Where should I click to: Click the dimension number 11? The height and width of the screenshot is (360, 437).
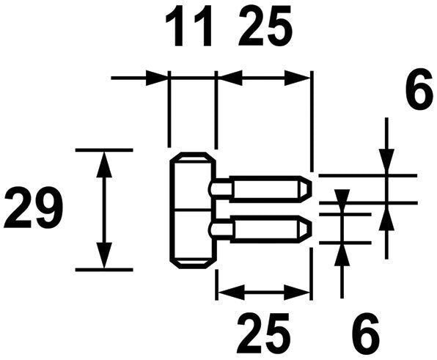pos(188,26)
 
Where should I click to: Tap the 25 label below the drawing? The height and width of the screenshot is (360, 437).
pos(264,333)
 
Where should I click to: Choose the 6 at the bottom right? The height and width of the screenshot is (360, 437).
pos(366,333)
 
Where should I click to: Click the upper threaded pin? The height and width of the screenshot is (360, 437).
pos(260,188)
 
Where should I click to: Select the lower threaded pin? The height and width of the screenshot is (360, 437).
pos(260,229)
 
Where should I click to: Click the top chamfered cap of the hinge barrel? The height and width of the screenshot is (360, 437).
pos(193,158)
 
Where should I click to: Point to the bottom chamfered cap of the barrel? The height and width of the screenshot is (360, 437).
pos(193,263)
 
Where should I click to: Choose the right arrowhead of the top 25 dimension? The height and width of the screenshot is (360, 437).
pos(297,78)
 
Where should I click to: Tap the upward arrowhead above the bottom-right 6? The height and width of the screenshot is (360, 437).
pos(342,256)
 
